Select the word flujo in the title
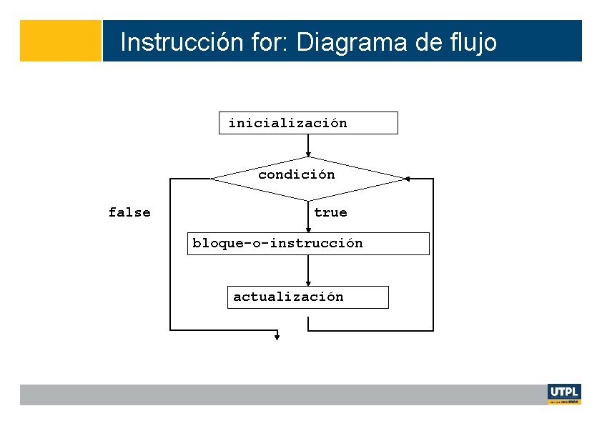[470, 42]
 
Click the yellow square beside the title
[61, 41]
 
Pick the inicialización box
[308, 123]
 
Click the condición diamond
[307, 178]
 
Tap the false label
[129, 212]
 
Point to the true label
[330, 212]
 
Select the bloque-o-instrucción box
[308, 244]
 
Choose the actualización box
[308, 297]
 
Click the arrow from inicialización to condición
[308, 145]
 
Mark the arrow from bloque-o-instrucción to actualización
[308, 270]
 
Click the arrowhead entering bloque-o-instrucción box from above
[308, 229]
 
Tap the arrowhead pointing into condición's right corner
[408, 179]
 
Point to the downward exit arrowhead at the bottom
[277, 336]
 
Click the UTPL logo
[564, 394]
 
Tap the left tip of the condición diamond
[212, 179]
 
